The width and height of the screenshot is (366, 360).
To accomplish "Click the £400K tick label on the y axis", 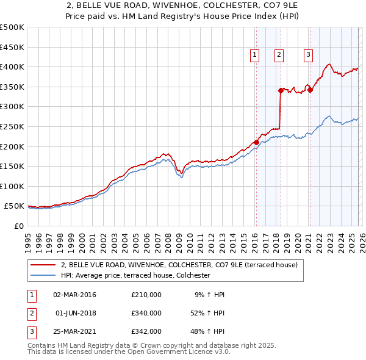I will click(12, 67).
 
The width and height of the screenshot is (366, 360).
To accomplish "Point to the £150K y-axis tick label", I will click(12, 166).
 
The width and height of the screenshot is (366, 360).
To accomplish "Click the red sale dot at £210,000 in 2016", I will click(256, 142).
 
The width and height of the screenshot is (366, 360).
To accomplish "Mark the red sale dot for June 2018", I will click(281, 90).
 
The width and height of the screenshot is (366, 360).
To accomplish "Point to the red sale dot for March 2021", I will click(310, 90).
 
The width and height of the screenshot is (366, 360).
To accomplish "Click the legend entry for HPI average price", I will click(135, 276).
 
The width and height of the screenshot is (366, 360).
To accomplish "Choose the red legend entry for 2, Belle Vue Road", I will click(179, 265).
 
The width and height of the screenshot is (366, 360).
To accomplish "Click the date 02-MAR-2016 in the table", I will click(75, 295).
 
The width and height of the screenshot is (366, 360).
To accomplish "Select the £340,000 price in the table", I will click(146, 313).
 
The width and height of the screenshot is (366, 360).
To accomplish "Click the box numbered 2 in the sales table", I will click(30, 313).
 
